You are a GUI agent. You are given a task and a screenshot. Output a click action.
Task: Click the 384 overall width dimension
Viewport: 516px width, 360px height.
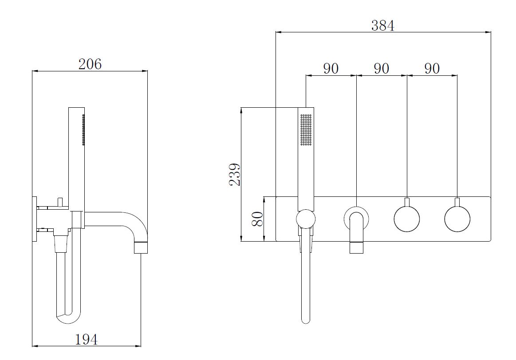(x=383, y=26)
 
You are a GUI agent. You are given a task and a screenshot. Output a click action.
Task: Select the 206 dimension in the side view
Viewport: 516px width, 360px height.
(x=90, y=64)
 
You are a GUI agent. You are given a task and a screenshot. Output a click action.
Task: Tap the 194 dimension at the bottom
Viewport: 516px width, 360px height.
(x=87, y=339)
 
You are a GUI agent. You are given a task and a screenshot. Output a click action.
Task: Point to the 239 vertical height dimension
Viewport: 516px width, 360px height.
(x=235, y=174)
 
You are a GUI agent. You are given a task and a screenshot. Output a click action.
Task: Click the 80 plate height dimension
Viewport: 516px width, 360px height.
(x=258, y=219)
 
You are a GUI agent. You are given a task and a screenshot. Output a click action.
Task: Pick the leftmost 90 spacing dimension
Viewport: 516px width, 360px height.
(x=331, y=68)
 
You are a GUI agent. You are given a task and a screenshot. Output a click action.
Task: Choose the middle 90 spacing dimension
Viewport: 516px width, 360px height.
(x=382, y=68)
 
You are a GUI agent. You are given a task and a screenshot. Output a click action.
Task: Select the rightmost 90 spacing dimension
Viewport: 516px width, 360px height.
(x=432, y=68)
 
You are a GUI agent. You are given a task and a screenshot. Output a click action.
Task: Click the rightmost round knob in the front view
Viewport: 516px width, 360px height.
(x=457, y=219)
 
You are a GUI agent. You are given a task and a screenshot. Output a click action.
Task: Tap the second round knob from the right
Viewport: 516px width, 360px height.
(x=407, y=219)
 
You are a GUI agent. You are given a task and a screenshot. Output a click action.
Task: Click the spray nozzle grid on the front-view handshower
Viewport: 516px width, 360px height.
(x=306, y=130)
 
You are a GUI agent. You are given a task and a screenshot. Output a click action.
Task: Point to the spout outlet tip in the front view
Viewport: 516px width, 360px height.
(x=356, y=247)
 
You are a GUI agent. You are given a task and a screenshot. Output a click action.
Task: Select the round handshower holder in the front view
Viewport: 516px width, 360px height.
(x=306, y=219)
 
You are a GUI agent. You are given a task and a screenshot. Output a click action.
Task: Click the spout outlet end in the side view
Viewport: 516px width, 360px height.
(x=141, y=248)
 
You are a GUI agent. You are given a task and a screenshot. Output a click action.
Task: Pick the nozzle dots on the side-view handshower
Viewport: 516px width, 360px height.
(x=83, y=130)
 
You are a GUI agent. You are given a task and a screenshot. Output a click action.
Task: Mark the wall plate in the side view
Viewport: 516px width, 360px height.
(x=34, y=219)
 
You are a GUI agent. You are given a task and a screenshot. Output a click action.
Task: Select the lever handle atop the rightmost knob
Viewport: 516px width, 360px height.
(x=457, y=203)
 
